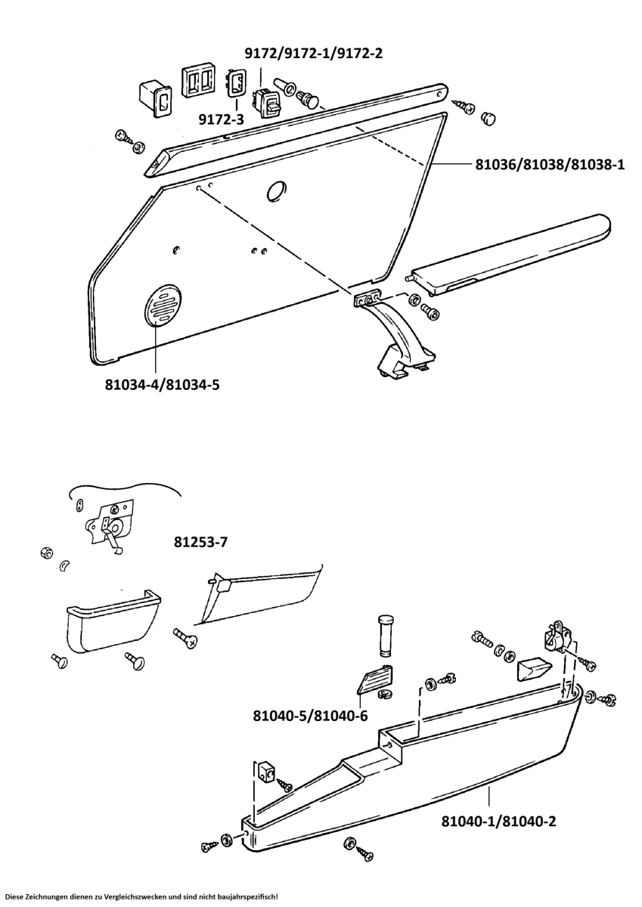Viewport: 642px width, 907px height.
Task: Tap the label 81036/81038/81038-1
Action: pyautogui.click(x=549, y=163)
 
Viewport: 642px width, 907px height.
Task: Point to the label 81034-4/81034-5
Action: pyautogui.click(x=162, y=385)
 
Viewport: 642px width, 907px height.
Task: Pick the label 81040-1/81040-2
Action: pyautogui.click(x=498, y=821)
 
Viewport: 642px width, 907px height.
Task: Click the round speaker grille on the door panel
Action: pyautogui.click(x=163, y=306)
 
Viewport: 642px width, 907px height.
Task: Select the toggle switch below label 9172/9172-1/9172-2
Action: pyautogui.click(x=266, y=101)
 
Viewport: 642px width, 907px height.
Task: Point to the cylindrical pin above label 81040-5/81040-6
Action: pyautogui.click(x=385, y=635)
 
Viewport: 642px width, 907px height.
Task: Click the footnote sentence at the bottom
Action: pyautogui.click(x=141, y=896)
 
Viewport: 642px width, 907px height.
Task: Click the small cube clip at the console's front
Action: pyautogui.click(x=265, y=771)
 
